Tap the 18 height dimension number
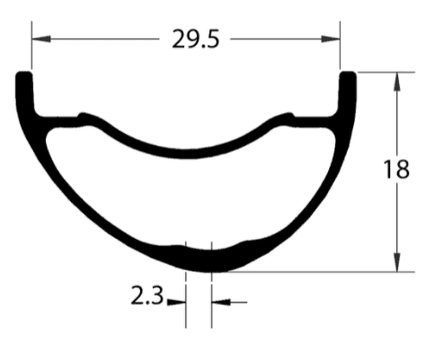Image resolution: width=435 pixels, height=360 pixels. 395,169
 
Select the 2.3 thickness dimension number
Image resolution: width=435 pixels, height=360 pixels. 146,296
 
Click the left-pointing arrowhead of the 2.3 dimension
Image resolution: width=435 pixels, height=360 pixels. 217,303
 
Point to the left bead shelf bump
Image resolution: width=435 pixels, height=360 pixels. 86,117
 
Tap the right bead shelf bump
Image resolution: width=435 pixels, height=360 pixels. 288,117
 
